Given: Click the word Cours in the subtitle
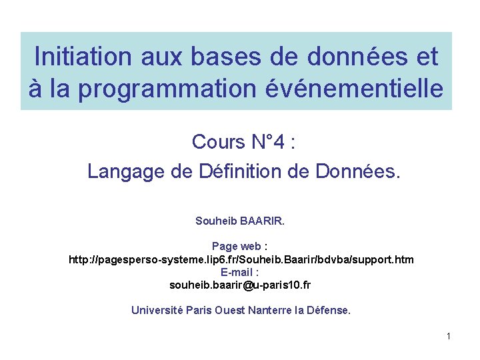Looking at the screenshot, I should pyautogui.click(x=218, y=141).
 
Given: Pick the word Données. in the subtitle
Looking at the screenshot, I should pyautogui.click(x=359, y=171).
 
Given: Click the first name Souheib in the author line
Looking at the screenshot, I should pyautogui.click(x=215, y=220).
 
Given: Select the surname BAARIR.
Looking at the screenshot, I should pyautogui.click(x=263, y=220).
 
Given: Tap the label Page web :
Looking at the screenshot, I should pyautogui.click(x=240, y=247).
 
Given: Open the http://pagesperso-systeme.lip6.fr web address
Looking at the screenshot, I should pyautogui.click(x=241, y=259).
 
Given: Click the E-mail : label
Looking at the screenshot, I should pyautogui.click(x=240, y=272).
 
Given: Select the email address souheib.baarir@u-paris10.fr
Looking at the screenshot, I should pyautogui.click(x=240, y=285).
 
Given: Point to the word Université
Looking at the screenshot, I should pyautogui.click(x=157, y=310).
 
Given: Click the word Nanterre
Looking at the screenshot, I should pyautogui.click(x=270, y=310).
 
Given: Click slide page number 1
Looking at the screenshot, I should pyautogui.click(x=449, y=336).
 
